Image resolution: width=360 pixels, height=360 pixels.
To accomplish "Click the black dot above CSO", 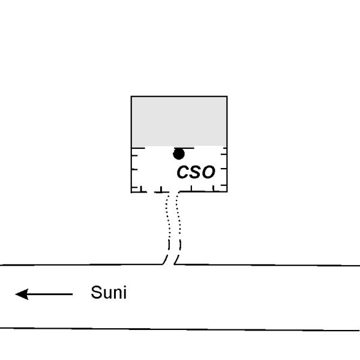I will [x=179, y=154].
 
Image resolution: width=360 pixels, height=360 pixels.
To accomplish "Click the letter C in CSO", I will [x=183, y=173].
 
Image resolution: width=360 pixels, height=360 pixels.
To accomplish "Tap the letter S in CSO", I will [x=195, y=173].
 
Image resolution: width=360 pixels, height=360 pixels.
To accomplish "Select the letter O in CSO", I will [x=208, y=173].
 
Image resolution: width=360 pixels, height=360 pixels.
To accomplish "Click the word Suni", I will [x=109, y=293].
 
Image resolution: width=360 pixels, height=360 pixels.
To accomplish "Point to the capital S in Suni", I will [x=96, y=293].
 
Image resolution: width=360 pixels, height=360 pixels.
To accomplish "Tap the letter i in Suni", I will [x=124, y=293].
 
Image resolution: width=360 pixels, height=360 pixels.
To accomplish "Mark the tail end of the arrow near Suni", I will [x=72, y=294].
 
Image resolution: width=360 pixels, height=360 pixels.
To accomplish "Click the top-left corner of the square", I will [x=131, y=96].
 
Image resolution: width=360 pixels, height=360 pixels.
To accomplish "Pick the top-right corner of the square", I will [x=227, y=96].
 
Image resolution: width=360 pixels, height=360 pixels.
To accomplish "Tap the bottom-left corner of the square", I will [x=131, y=191].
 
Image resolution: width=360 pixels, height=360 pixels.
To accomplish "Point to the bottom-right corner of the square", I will [x=227, y=191].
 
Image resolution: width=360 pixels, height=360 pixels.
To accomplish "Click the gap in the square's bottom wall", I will [x=173, y=191].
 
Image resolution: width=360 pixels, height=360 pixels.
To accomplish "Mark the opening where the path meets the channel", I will [x=173, y=264].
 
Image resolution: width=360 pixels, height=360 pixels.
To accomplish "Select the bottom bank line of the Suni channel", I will [x=180, y=329].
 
